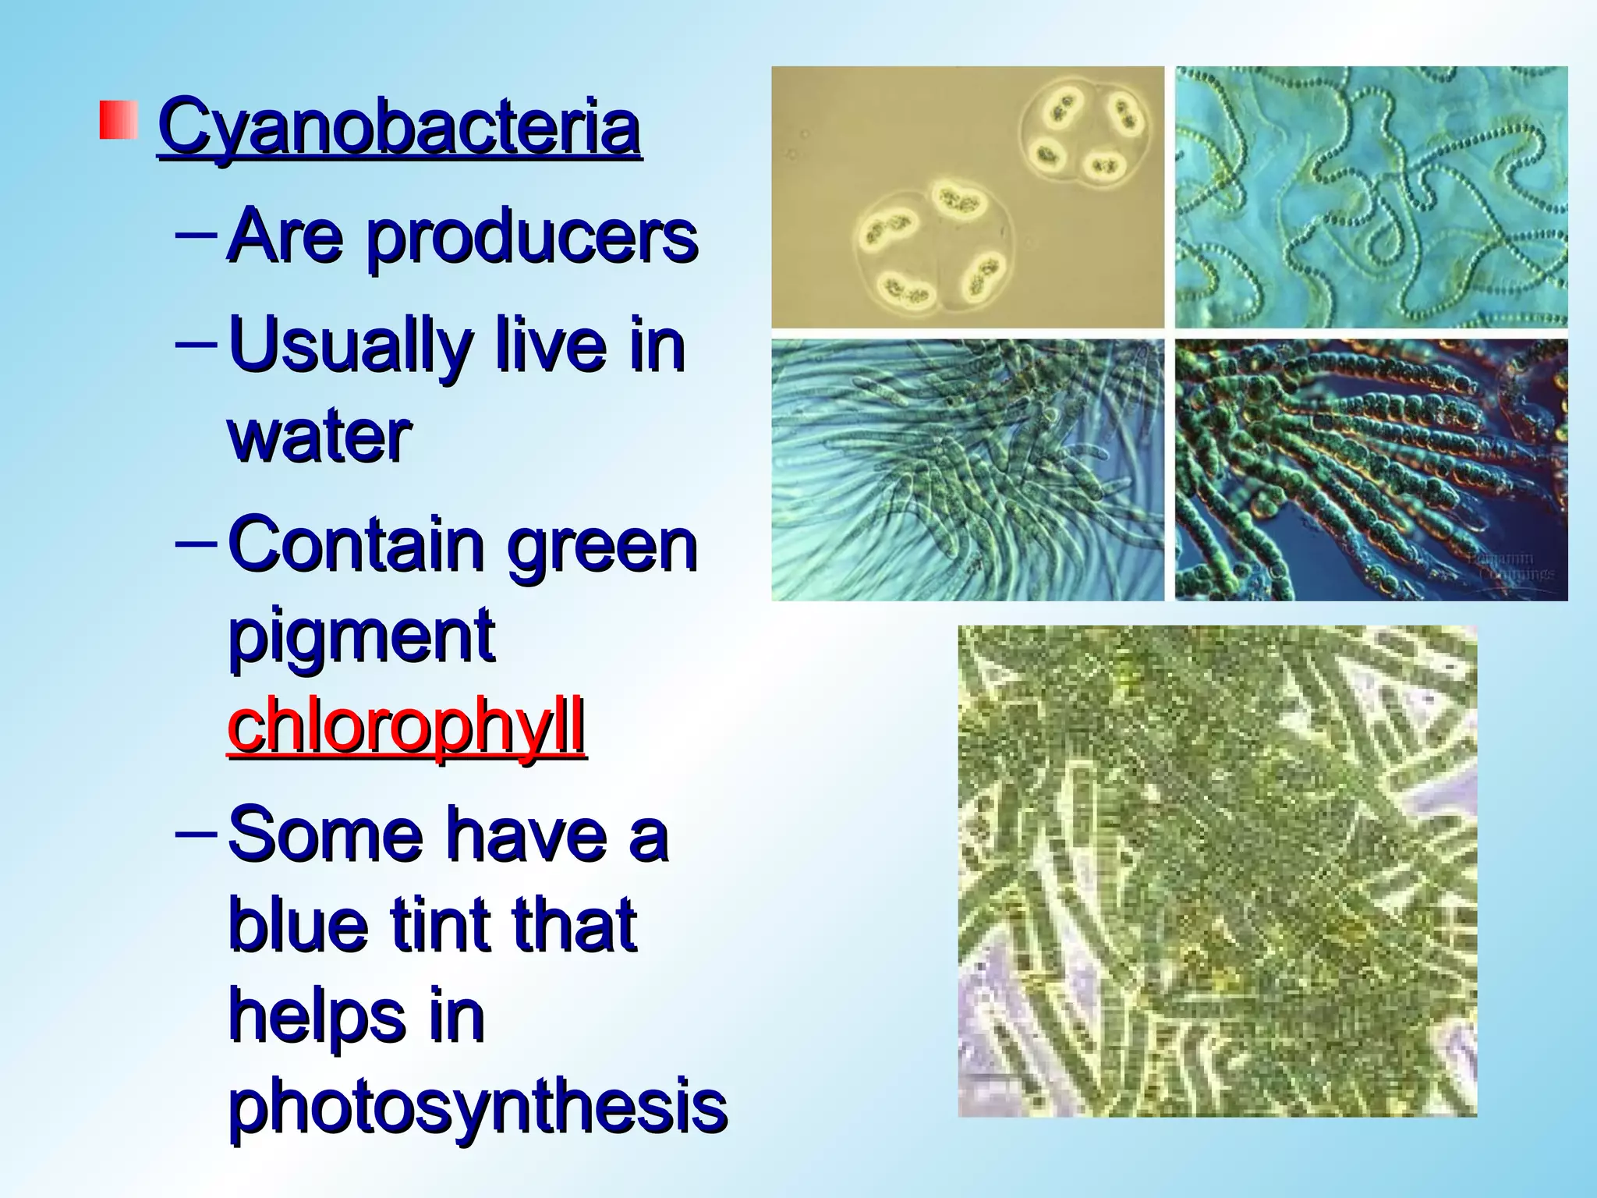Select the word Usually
coord(350,347)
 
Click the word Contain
coord(356,544)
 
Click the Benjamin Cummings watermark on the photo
coord(1509,565)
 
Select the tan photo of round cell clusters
coord(967,197)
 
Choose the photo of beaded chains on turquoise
coord(1371,197)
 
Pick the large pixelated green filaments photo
coord(1216,870)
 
